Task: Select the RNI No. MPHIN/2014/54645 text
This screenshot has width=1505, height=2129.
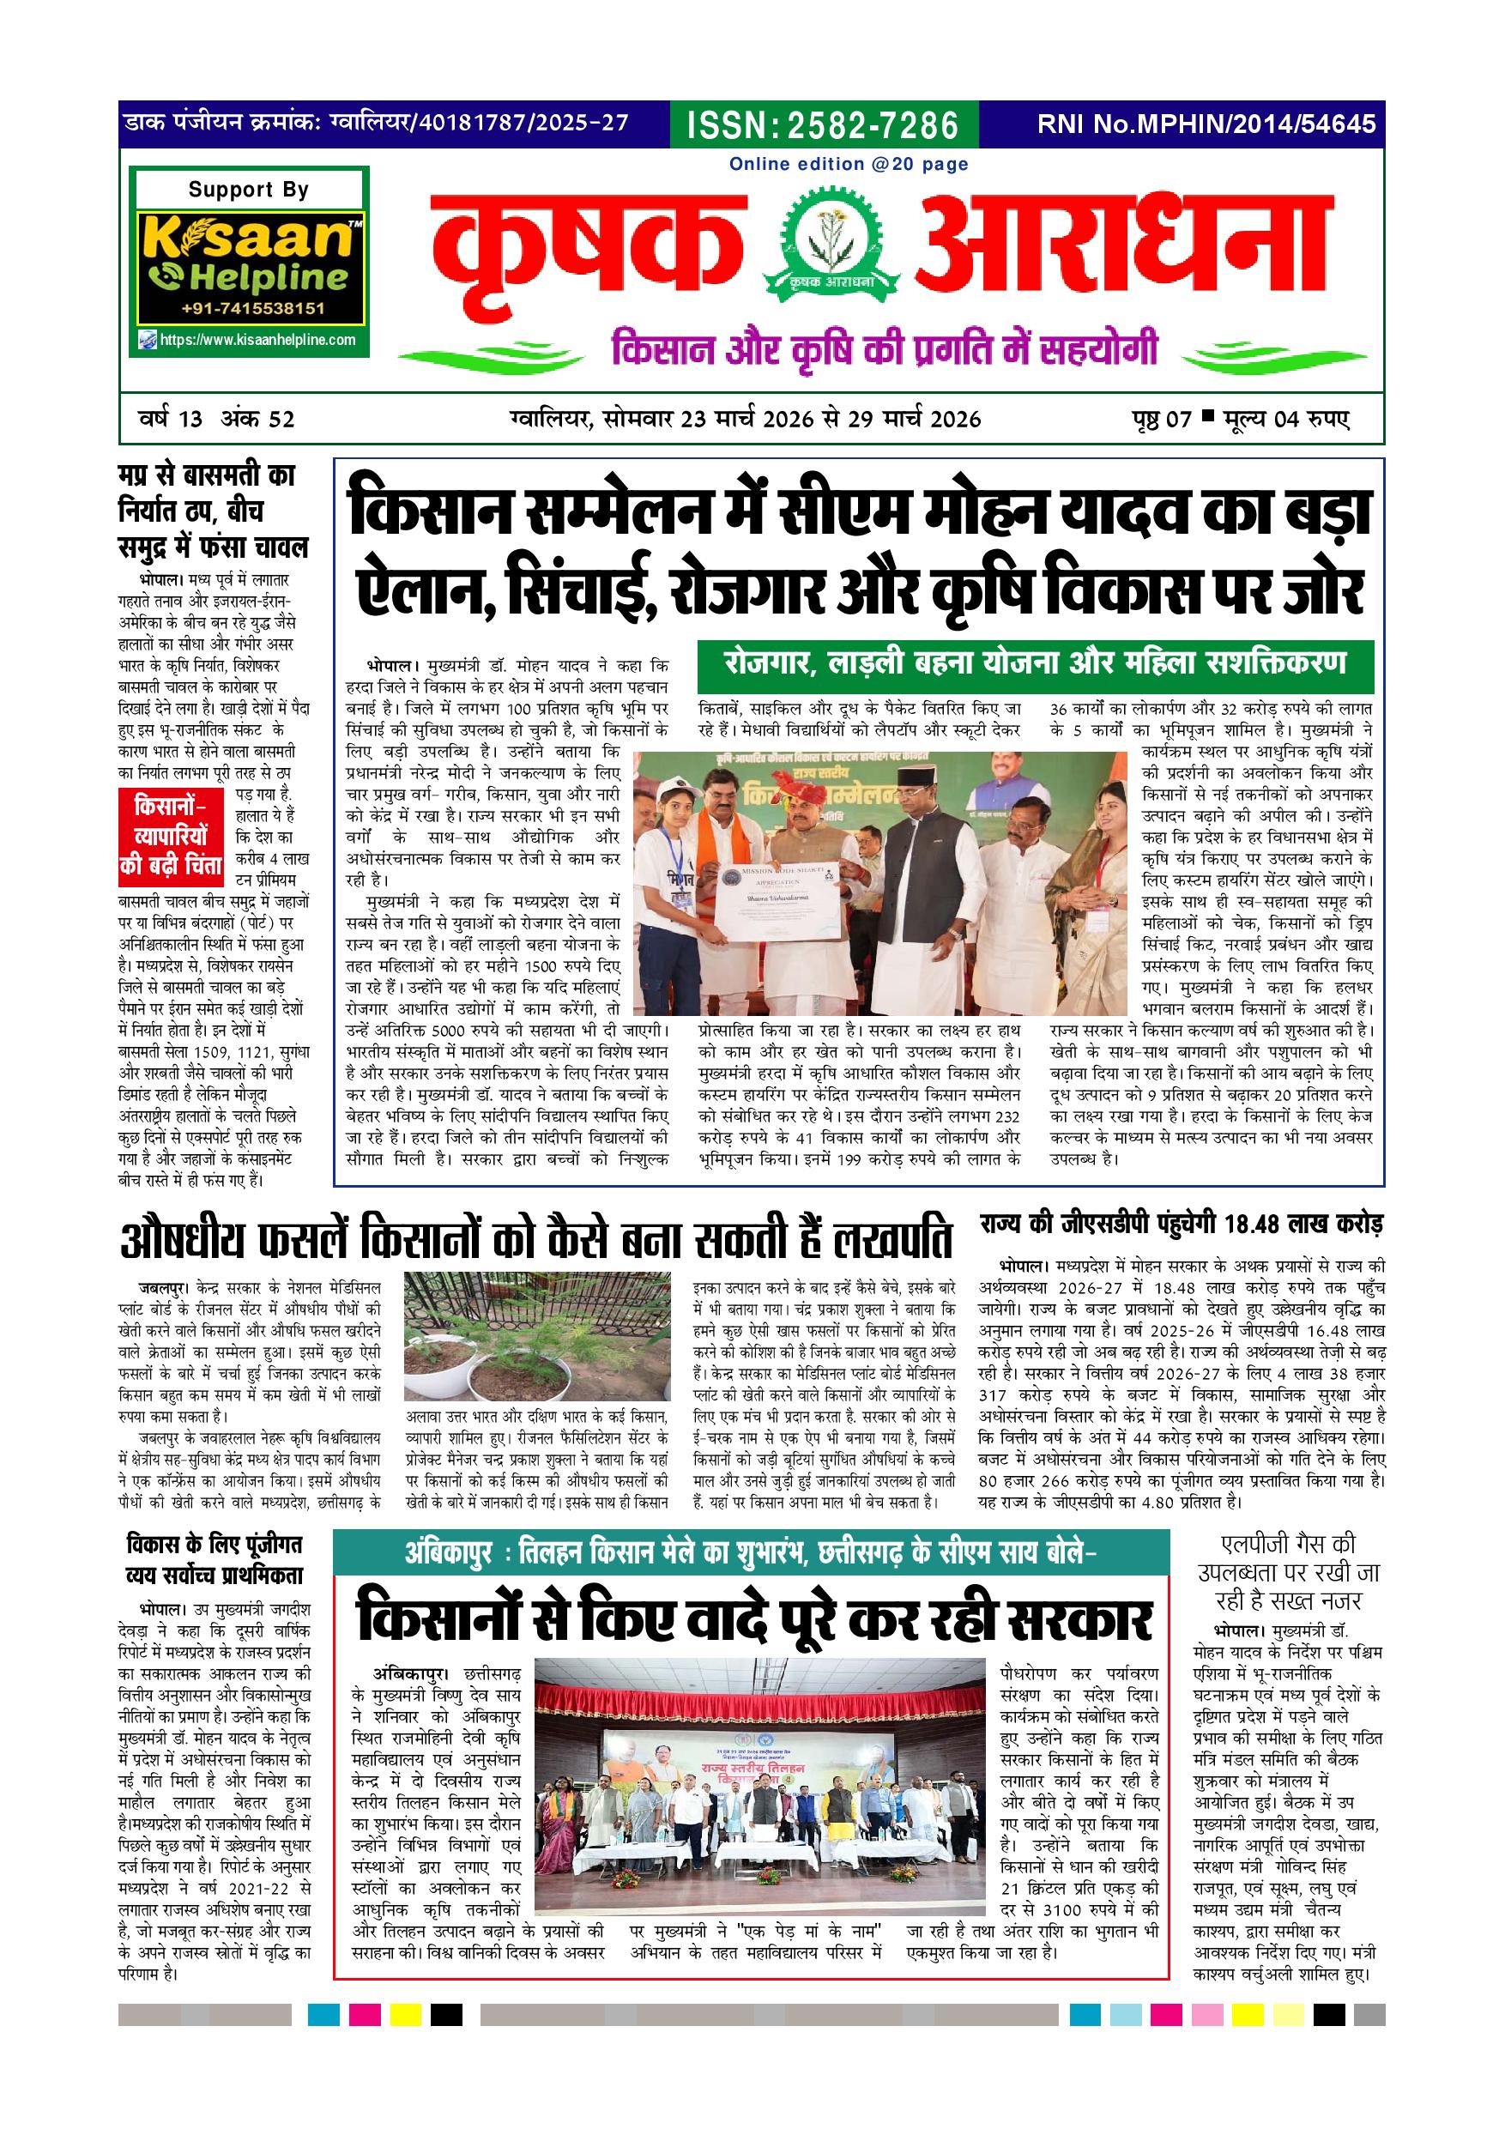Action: coord(1206,124)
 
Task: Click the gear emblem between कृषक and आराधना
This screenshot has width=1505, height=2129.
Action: coord(827,243)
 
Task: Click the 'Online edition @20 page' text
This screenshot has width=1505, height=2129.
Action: coord(849,164)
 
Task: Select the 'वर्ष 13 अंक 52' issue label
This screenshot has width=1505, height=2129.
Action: coord(216,419)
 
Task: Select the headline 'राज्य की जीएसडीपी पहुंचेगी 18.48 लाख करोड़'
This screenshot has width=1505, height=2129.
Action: coord(1182,1225)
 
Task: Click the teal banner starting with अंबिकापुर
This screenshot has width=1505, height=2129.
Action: coord(750,1553)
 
